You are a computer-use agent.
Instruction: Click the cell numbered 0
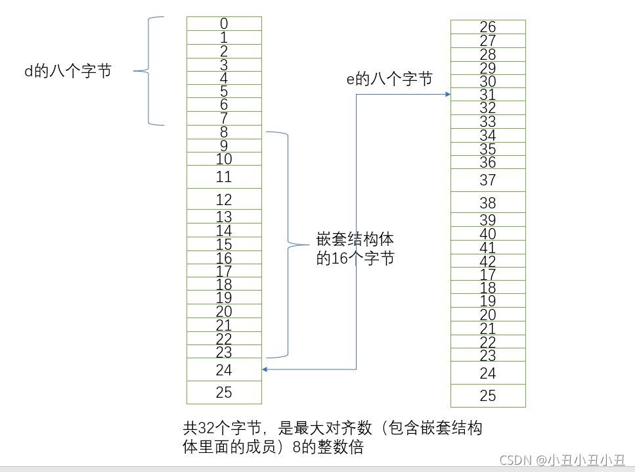[x=224, y=24]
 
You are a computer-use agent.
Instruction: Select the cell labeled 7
[x=224, y=118]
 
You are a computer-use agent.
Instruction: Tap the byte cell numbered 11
[x=224, y=177]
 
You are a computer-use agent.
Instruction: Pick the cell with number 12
[x=224, y=199]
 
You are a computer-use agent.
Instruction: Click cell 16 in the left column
[x=224, y=258]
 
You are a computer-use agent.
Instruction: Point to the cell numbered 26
[x=488, y=27]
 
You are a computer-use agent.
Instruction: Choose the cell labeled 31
[x=488, y=95]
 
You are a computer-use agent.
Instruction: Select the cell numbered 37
[x=488, y=180]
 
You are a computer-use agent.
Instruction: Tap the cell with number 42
[x=488, y=261]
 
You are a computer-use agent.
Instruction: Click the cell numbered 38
[x=488, y=202]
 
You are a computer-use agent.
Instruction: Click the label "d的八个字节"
[x=68, y=72]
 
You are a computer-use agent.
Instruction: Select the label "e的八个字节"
[x=389, y=80]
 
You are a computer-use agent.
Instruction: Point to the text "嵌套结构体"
[x=355, y=239]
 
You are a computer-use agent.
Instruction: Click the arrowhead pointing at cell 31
[x=447, y=95]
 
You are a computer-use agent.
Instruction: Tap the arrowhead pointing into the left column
[x=265, y=369]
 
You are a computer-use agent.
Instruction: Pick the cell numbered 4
[x=224, y=78]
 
